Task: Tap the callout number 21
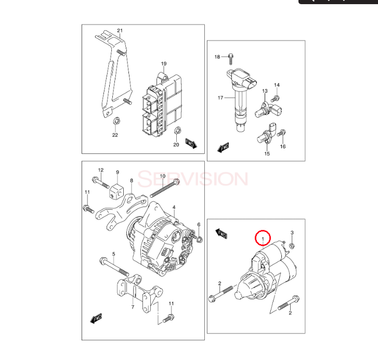[x=120, y=31]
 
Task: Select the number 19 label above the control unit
[x=164, y=63]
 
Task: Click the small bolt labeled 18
[x=231, y=59]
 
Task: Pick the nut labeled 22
[x=116, y=121]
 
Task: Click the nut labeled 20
[x=178, y=131]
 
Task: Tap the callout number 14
[x=277, y=85]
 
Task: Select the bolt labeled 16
[x=281, y=133]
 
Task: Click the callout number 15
[x=267, y=153]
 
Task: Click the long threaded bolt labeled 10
[x=165, y=188]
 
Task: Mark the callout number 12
[x=101, y=170]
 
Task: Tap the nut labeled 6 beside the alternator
[x=200, y=239]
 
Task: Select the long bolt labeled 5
[x=114, y=267]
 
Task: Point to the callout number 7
[x=133, y=307]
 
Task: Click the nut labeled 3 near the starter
[x=292, y=246]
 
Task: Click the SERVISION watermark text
[x=192, y=179]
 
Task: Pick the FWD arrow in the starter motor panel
[x=221, y=234]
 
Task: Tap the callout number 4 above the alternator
[x=174, y=208]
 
